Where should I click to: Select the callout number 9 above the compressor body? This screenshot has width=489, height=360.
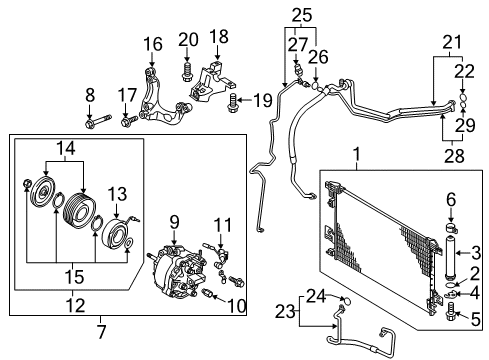click(x=175, y=221)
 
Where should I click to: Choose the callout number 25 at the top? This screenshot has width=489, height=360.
click(x=303, y=13)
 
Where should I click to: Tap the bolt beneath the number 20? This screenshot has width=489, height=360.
click(x=187, y=70)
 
